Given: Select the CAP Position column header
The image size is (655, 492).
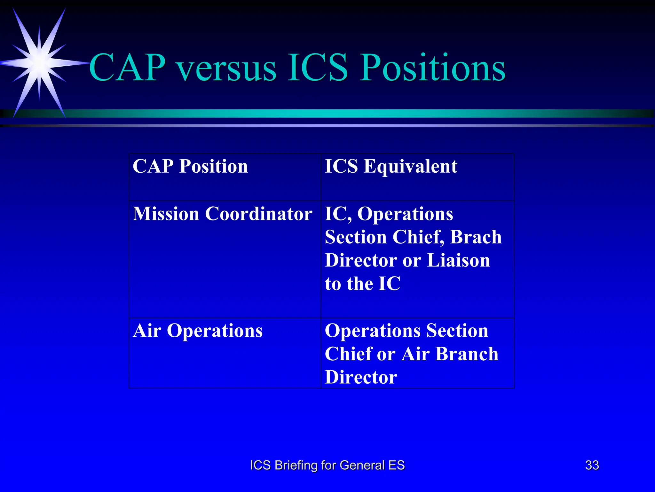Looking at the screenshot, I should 190,167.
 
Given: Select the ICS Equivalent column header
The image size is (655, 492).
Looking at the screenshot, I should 391,167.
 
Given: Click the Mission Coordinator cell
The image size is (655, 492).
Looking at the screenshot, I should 222,214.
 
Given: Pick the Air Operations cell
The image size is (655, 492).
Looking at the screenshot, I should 198,331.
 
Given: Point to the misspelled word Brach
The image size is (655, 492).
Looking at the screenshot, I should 476,237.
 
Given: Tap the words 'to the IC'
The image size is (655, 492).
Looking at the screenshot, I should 362,284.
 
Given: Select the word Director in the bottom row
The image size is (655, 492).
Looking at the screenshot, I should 361,377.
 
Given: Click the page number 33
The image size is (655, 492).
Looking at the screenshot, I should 592,465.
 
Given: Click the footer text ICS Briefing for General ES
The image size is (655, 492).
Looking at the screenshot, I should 327,465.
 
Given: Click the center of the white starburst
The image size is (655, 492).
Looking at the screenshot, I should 39,63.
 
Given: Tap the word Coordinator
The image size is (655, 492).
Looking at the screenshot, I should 258,214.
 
